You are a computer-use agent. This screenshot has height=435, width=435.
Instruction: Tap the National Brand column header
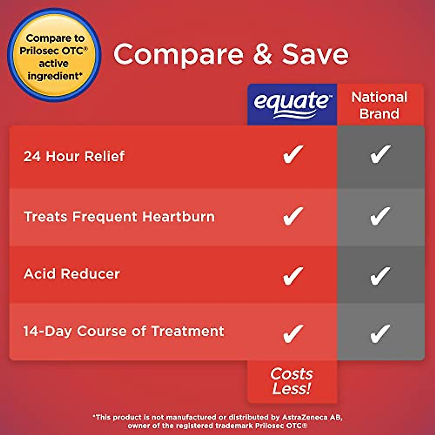pyautogui.click(x=380, y=105)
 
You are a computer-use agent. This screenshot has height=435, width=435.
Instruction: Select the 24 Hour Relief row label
pyautogui.click(x=74, y=156)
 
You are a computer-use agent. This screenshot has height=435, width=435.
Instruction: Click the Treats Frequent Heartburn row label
pyautogui.click(x=119, y=217)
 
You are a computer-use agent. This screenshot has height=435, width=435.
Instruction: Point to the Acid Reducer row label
pyautogui.click(x=72, y=274)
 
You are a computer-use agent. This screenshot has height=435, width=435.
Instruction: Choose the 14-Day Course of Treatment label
pyautogui.click(x=124, y=331)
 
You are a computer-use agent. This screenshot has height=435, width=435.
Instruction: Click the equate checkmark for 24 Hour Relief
pyautogui.click(x=293, y=154)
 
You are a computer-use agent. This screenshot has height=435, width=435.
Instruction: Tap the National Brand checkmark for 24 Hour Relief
pyautogui.click(x=380, y=154)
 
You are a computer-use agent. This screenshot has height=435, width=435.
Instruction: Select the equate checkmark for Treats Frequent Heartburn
pyautogui.click(x=293, y=216)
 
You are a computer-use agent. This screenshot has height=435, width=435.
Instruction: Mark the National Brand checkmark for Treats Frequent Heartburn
pyautogui.click(x=380, y=216)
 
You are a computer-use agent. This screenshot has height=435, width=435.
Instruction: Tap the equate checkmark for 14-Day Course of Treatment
pyautogui.click(x=293, y=333)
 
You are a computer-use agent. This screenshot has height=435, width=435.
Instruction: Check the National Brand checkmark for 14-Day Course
pyautogui.click(x=380, y=333)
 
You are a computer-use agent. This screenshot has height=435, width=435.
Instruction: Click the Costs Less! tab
pyautogui.click(x=292, y=381)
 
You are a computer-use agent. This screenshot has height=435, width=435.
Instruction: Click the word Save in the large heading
pyautogui.click(x=315, y=54)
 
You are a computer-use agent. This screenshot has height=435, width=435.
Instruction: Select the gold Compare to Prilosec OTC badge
pyautogui.click(x=54, y=56)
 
